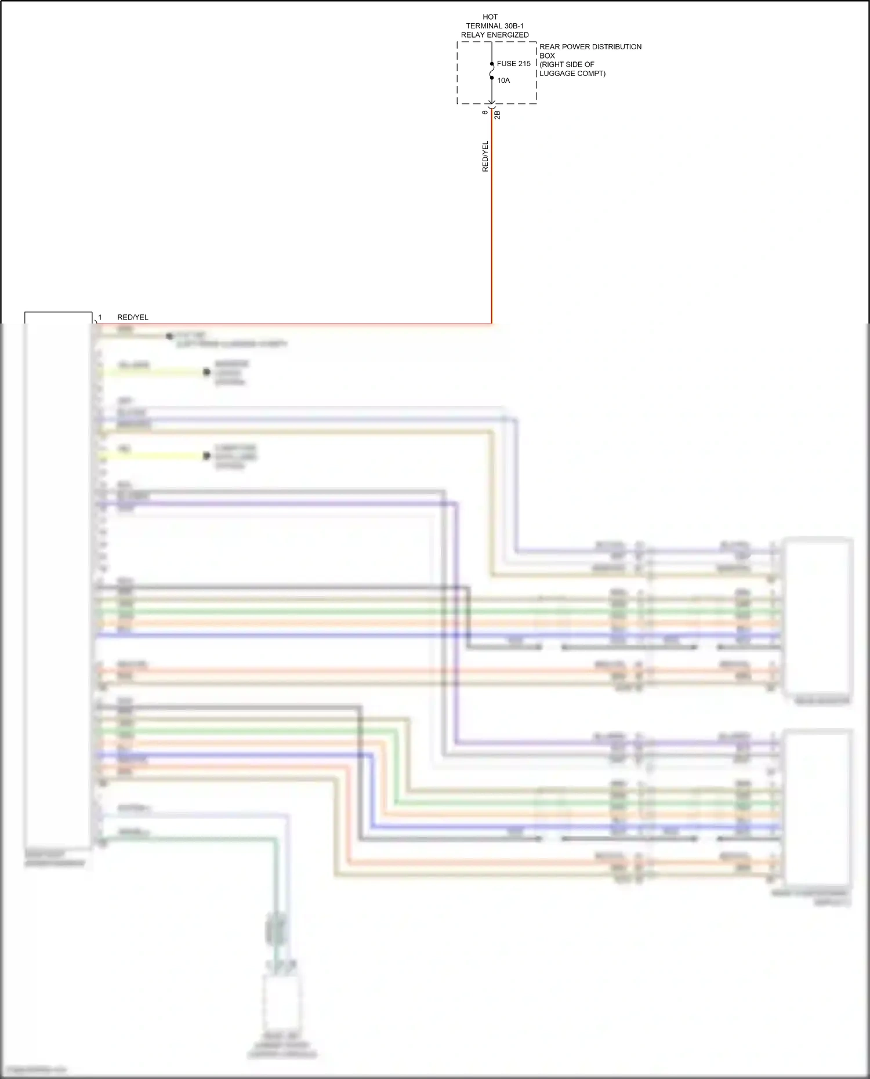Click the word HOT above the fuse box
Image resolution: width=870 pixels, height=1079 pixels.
click(x=490, y=17)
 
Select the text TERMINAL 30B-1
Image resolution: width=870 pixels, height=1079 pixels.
click(x=495, y=26)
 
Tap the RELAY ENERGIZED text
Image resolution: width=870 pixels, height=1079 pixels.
click(x=495, y=35)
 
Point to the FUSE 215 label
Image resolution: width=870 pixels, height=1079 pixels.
click(x=513, y=64)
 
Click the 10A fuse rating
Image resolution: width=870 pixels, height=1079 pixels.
click(x=503, y=81)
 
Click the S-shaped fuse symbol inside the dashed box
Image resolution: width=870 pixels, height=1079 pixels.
click(x=492, y=71)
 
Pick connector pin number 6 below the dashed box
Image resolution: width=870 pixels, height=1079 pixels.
click(x=485, y=112)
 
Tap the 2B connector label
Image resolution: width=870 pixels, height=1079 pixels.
click(x=498, y=115)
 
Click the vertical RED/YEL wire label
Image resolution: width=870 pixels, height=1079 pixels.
click(x=485, y=157)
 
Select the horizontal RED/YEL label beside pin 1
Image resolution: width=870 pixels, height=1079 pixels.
click(x=133, y=317)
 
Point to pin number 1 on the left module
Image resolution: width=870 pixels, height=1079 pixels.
click(x=100, y=317)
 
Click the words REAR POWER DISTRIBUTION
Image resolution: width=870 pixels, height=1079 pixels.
click(x=590, y=47)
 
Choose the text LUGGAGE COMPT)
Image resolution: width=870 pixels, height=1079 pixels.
click(x=572, y=74)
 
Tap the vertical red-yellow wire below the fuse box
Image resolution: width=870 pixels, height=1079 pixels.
click(x=492, y=232)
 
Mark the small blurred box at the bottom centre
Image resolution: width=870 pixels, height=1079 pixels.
click(x=282, y=1000)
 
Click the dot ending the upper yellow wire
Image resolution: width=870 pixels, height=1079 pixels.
click(x=206, y=372)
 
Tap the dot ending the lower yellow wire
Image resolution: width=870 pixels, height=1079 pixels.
click(x=206, y=456)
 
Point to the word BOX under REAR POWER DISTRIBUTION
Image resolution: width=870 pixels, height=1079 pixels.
click(x=547, y=56)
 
